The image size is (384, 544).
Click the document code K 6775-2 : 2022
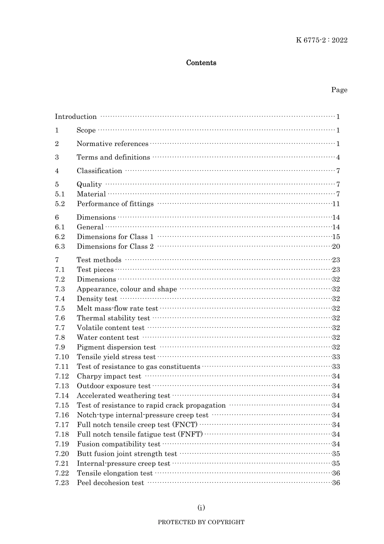(x=321, y=40)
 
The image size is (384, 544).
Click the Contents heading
(x=201, y=63)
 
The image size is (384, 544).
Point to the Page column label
(x=339, y=90)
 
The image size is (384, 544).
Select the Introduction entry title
(x=76, y=117)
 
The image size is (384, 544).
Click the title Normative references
(x=112, y=144)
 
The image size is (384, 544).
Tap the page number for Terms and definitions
(x=338, y=157)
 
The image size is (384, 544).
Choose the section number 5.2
(x=60, y=204)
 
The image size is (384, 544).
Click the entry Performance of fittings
(x=115, y=204)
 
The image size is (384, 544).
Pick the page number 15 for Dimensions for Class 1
(x=336, y=237)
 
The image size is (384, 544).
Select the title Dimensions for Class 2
(x=115, y=247)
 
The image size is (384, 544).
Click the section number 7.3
(x=60, y=289)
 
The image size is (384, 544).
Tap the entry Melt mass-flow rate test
(x=117, y=309)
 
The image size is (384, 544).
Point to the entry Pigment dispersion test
(x=116, y=347)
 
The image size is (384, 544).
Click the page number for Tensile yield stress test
(x=336, y=357)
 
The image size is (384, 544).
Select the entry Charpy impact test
(x=109, y=377)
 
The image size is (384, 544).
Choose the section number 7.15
(x=62, y=406)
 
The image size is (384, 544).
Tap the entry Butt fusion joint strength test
(x=127, y=454)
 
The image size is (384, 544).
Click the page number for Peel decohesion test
(x=336, y=483)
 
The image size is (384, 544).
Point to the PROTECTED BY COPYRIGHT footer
(x=201, y=522)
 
